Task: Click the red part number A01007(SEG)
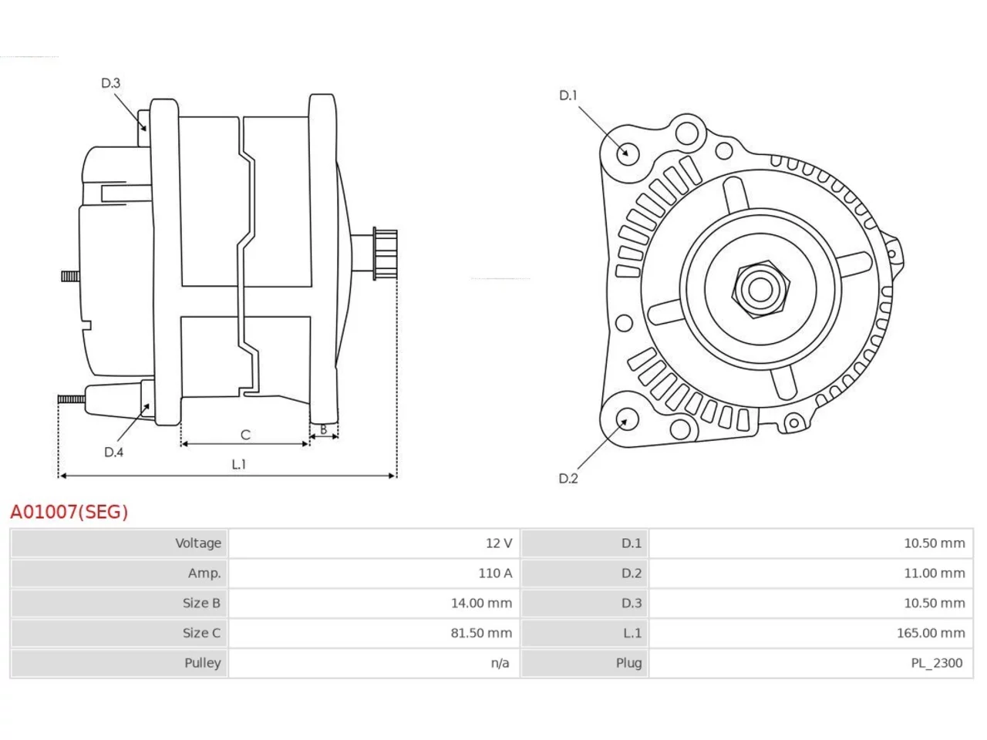point(69,512)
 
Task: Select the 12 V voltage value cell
point(498,543)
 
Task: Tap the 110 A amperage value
point(494,573)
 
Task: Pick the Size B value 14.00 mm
point(481,603)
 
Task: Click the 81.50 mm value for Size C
point(481,633)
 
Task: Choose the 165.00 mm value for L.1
point(931,633)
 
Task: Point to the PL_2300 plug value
point(937,663)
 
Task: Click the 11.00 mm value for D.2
point(935,573)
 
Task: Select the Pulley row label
point(202,663)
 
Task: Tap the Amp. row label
point(204,573)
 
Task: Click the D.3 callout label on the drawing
point(110,82)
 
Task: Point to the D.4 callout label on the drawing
point(113,452)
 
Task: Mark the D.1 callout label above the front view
point(568,96)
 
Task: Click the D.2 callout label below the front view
point(568,479)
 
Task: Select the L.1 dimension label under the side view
point(239,464)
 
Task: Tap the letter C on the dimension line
point(245,435)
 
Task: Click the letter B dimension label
point(323,429)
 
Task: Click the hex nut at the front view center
point(760,289)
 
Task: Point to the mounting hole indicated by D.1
point(627,153)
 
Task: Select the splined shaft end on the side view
point(386,254)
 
